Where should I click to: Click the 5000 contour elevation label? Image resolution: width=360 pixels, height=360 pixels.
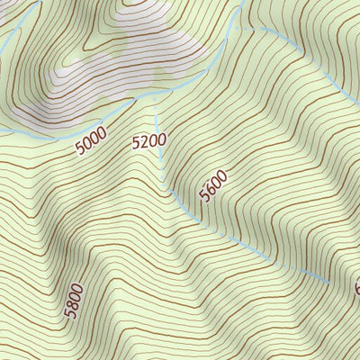click(91, 140)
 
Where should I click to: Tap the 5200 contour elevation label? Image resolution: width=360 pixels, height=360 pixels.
click(148, 140)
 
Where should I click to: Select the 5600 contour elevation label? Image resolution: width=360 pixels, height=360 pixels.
click(213, 185)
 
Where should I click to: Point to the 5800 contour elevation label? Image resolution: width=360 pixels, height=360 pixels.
click(74, 301)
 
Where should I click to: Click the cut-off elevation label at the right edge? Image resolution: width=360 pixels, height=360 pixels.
click(356, 288)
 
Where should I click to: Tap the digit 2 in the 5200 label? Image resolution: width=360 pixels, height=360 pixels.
click(143, 141)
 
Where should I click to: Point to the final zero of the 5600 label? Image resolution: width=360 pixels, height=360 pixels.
click(221, 175)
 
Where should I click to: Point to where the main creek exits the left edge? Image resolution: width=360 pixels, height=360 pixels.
click(2, 131)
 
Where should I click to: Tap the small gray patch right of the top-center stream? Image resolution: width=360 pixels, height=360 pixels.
click(216, 47)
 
